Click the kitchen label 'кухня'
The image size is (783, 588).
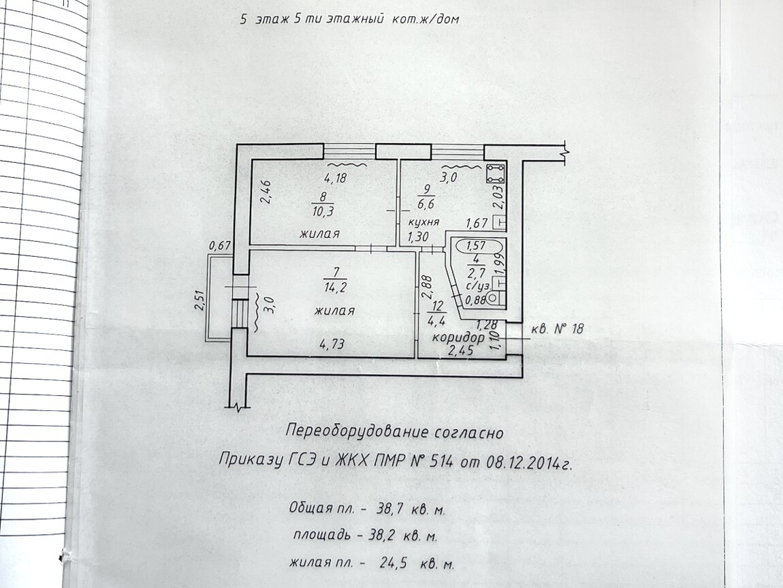click(x=424, y=222)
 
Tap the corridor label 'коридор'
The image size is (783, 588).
click(x=458, y=338)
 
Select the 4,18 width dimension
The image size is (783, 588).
click(x=335, y=178)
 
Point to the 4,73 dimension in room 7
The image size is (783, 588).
click(x=332, y=343)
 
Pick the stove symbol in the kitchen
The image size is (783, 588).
click(x=496, y=173)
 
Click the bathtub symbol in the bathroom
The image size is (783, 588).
click(x=477, y=245)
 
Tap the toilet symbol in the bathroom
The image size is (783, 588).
click(x=494, y=298)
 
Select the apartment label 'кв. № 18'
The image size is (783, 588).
click(x=556, y=329)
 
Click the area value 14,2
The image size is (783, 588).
click(x=335, y=288)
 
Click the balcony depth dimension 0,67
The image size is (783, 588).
click(x=220, y=245)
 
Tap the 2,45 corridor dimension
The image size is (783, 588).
click(x=459, y=351)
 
